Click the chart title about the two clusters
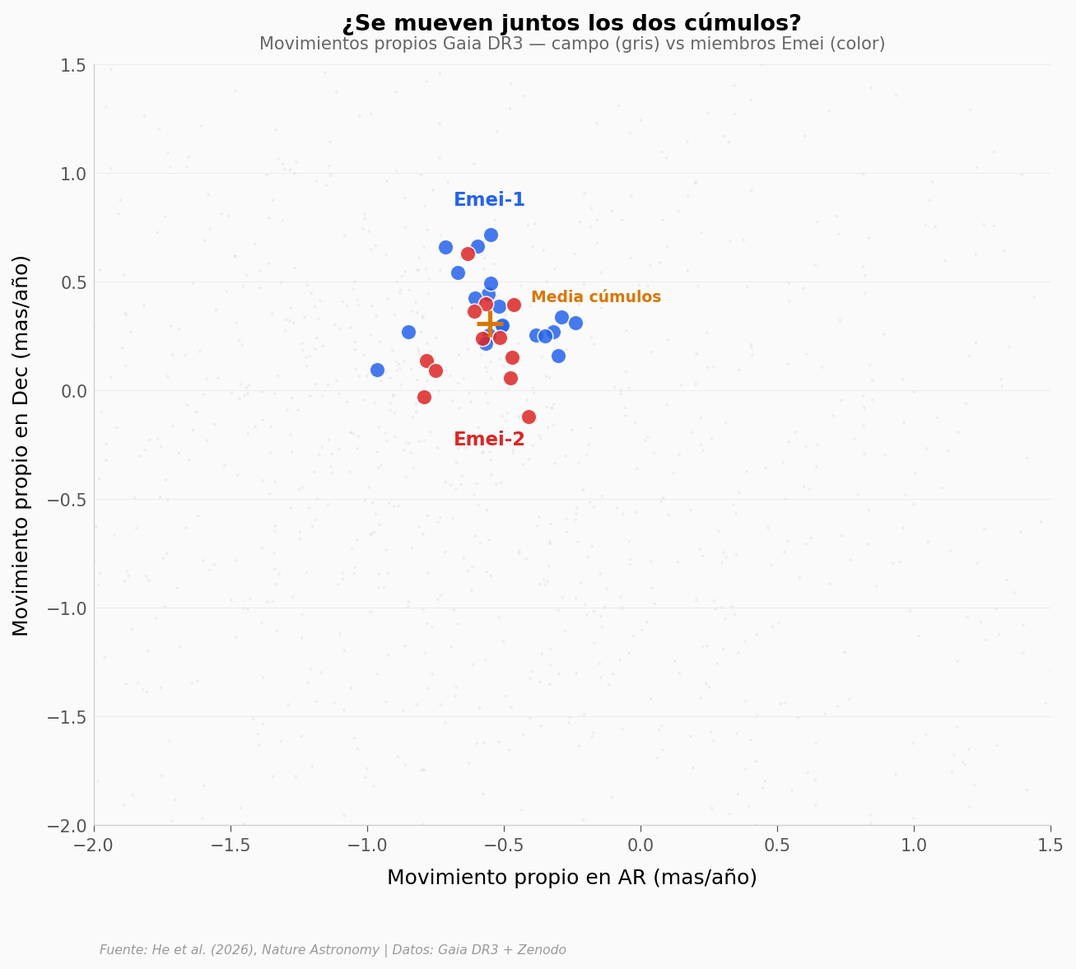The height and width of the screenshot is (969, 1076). (571, 24)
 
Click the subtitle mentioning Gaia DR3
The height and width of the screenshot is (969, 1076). (571, 44)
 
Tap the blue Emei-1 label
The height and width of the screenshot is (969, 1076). (489, 200)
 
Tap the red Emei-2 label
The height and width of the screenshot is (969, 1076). (489, 440)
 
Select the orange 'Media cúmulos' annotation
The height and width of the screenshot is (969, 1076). (595, 297)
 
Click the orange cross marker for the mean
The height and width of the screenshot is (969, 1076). (490, 324)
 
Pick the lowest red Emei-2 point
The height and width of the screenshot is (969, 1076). (529, 417)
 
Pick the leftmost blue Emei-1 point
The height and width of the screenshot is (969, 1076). (377, 370)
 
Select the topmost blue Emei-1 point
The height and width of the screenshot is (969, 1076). (491, 235)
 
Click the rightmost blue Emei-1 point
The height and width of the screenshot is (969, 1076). (575, 323)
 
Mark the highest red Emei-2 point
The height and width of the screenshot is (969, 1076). (468, 254)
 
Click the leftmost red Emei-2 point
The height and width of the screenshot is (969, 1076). (424, 397)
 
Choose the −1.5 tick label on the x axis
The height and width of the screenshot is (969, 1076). (231, 846)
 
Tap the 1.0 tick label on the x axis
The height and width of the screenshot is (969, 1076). (913, 846)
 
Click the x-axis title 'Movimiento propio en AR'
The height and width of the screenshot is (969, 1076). (571, 878)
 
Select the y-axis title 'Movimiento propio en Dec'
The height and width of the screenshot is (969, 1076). (21, 445)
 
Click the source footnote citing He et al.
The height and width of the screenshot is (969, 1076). (333, 950)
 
